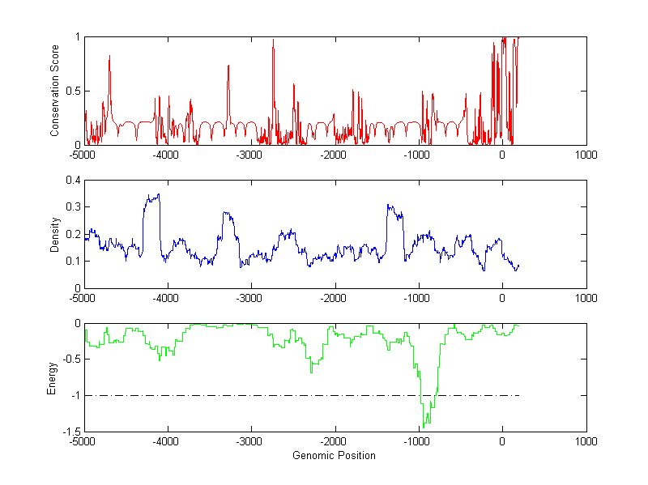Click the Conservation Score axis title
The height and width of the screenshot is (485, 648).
(x=56, y=91)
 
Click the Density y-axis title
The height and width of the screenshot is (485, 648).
(x=56, y=234)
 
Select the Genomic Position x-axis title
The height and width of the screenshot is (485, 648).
(x=334, y=456)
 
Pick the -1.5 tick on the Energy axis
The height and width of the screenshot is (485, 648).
(x=70, y=432)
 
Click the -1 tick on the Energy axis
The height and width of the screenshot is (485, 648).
(x=75, y=396)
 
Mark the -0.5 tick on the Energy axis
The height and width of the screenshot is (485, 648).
(x=70, y=359)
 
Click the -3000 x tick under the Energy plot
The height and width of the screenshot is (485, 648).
(x=250, y=441)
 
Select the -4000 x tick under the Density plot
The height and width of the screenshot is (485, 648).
(x=167, y=297)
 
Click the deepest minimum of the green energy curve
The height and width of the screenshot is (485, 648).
(x=424, y=426)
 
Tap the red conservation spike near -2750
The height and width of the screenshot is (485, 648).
(x=273, y=40)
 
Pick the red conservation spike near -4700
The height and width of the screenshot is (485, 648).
(x=109, y=57)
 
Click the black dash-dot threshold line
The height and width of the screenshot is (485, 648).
(x=243, y=396)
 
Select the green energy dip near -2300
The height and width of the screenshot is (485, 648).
(x=311, y=372)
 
